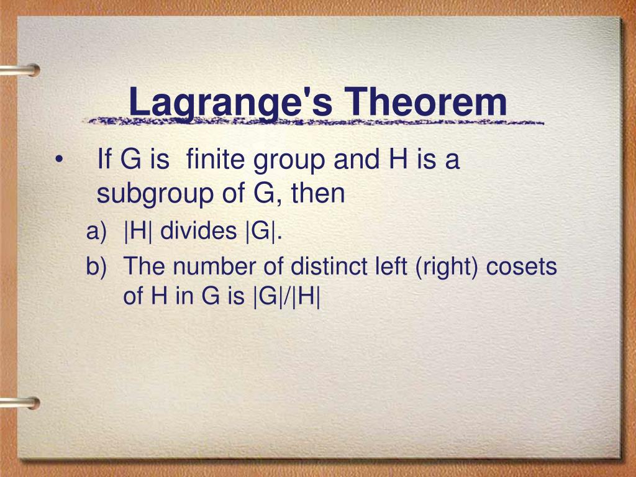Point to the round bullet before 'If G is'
pyautogui.click(x=58, y=160)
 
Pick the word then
pyautogui.click(x=319, y=194)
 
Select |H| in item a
pyautogui.click(x=140, y=232)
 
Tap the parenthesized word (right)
pyautogui.click(x=442, y=268)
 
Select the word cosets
pyautogui.click(x=521, y=267)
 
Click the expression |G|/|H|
pyautogui.click(x=286, y=296)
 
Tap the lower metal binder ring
pyautogui.click(x=19, y=403)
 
